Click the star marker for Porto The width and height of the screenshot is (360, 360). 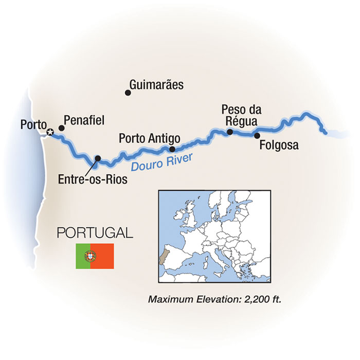[x=50, y=133]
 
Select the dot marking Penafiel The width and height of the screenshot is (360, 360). [x=61, y=128]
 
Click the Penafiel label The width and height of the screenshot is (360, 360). [x=85, y=120]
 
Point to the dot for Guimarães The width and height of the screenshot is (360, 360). [x=128, y=93]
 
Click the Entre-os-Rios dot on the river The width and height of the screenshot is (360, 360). [x=98, y=158]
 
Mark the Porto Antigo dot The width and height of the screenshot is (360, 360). [x=172, y=149]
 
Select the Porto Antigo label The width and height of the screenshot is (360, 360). [x=149, y=138]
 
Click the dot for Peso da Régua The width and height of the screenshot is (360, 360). [x=230, y=132]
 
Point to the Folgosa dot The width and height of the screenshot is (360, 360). [x=257, y=136]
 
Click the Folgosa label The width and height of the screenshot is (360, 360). [x=279, y=146]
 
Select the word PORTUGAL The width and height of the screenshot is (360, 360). [x=95, y=232]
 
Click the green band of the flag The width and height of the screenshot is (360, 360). [x=83, y=256]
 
